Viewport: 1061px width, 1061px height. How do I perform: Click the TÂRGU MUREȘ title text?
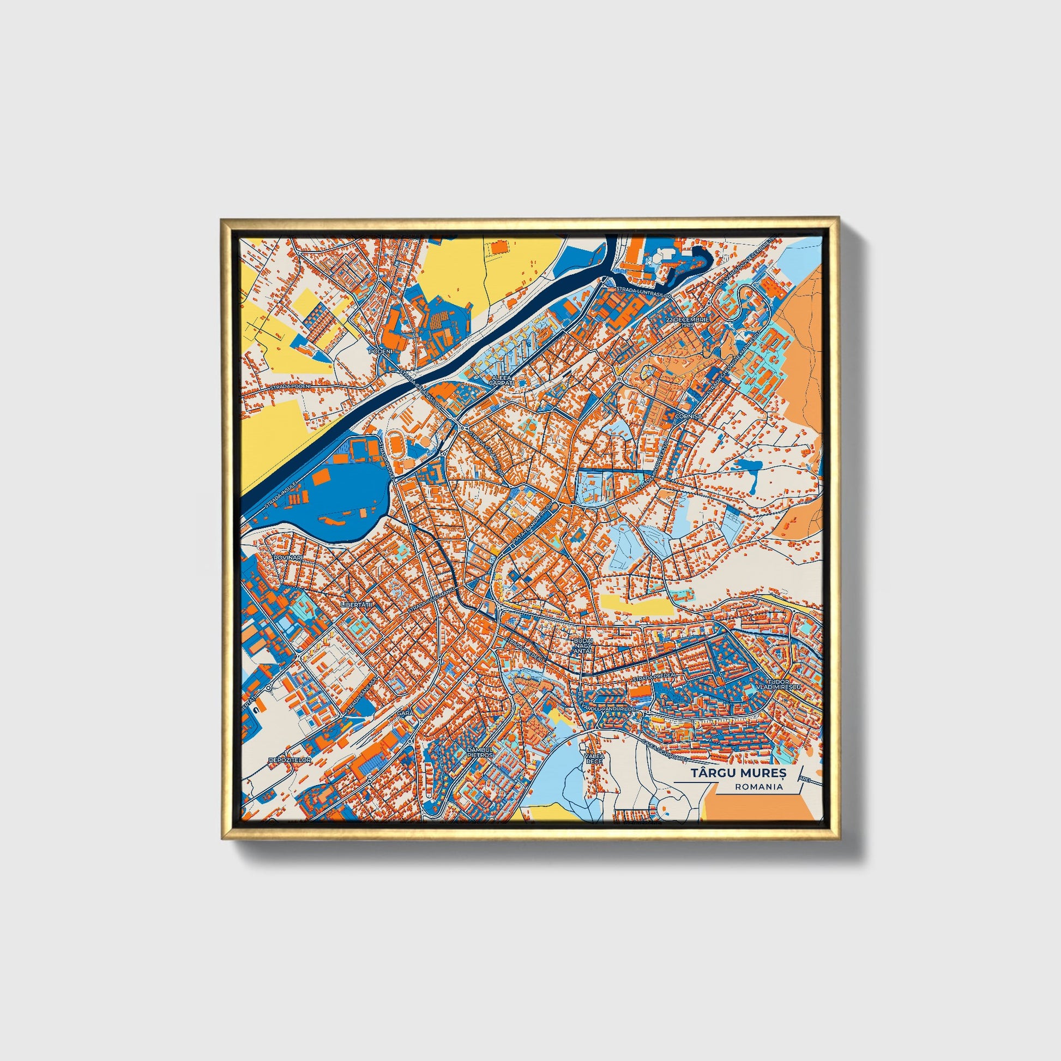click(738, 773)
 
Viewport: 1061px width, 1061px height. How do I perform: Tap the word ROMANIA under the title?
click(760, 787)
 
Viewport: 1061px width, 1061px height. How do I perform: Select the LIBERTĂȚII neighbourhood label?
click(357, 604)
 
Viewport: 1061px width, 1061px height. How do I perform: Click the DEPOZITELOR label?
click(290, 760)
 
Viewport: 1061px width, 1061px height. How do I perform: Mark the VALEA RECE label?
click(594, 758)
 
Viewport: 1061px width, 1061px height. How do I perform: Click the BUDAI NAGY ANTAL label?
click(582, 646)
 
